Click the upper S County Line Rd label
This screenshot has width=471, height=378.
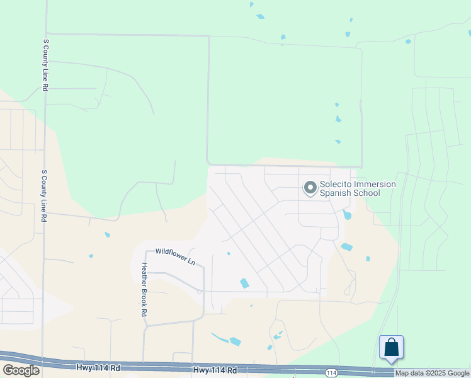pyautogui.click(x=46, y=66)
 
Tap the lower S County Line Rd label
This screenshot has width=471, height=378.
pyautogui.click(x=44, y=195)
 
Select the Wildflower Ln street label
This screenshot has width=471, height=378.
pyautogui.click(x=176, y=255)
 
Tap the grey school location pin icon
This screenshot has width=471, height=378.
pyautogui.click(x=310, y=188)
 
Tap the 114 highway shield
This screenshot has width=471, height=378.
pyautogui.click(x=331, y=373)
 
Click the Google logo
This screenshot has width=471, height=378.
pyautogui.click(x=21, y=370)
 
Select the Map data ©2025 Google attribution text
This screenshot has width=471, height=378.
pyautogui.click(x=432, y=373)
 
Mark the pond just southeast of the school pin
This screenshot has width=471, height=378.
pyautogui.click(x=347, y=215)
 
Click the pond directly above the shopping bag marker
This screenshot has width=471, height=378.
pyautogui.click(x=368, y=258)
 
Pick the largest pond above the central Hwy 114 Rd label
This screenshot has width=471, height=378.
pyautogui.click(x=235, y=341)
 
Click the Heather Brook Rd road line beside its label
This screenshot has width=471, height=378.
pyautogui.click(x=144, y=315)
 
